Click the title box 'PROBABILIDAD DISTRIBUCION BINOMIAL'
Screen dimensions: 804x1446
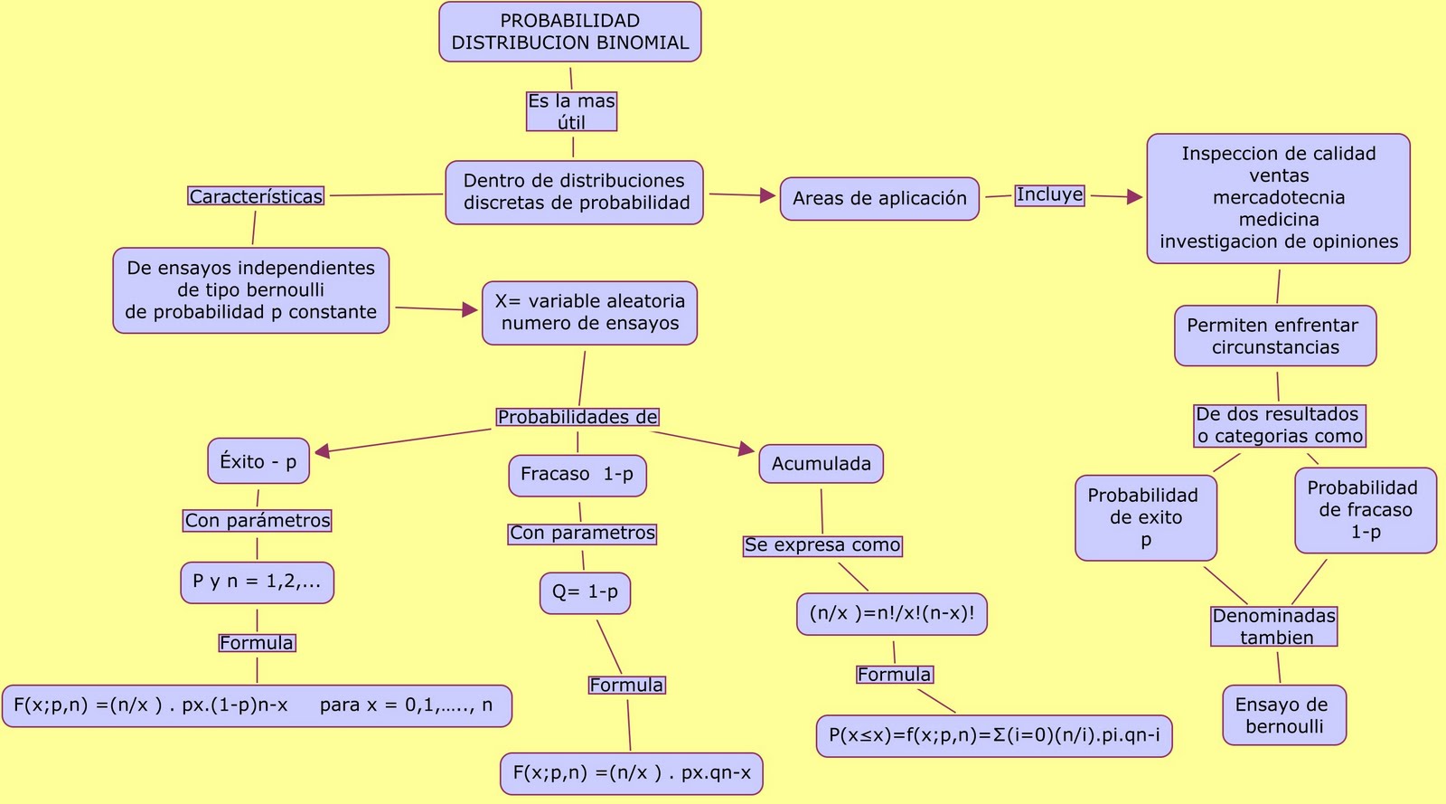point(570,32)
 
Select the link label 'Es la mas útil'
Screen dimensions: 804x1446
point(571,111)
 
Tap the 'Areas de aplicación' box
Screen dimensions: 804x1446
point(879,198)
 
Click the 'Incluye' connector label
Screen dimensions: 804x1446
point(1049,194)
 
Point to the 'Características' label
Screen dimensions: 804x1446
point(256,196)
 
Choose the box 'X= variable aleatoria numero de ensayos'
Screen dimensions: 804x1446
point(589,313)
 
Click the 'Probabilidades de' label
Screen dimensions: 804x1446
point(577,417)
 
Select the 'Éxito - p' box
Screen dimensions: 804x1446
point(258,461)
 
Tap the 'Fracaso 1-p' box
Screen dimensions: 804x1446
point(577,475)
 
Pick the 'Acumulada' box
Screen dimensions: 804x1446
point(821,464)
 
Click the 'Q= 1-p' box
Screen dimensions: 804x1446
point(585,592)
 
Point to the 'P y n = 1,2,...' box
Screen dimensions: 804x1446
point(257,582)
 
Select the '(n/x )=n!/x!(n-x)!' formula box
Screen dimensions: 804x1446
point(892,614)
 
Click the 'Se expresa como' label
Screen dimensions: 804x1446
point(822,545)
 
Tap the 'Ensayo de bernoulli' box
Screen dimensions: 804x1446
point(1283,715)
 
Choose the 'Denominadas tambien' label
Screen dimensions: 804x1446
point(1273,627)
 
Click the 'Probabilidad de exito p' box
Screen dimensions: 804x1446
point(1145,518)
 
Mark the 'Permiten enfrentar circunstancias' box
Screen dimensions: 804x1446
point(1274,336)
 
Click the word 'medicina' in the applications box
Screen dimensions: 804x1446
point(1278,220)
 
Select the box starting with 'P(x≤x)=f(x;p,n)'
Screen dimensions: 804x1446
point(994,735)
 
